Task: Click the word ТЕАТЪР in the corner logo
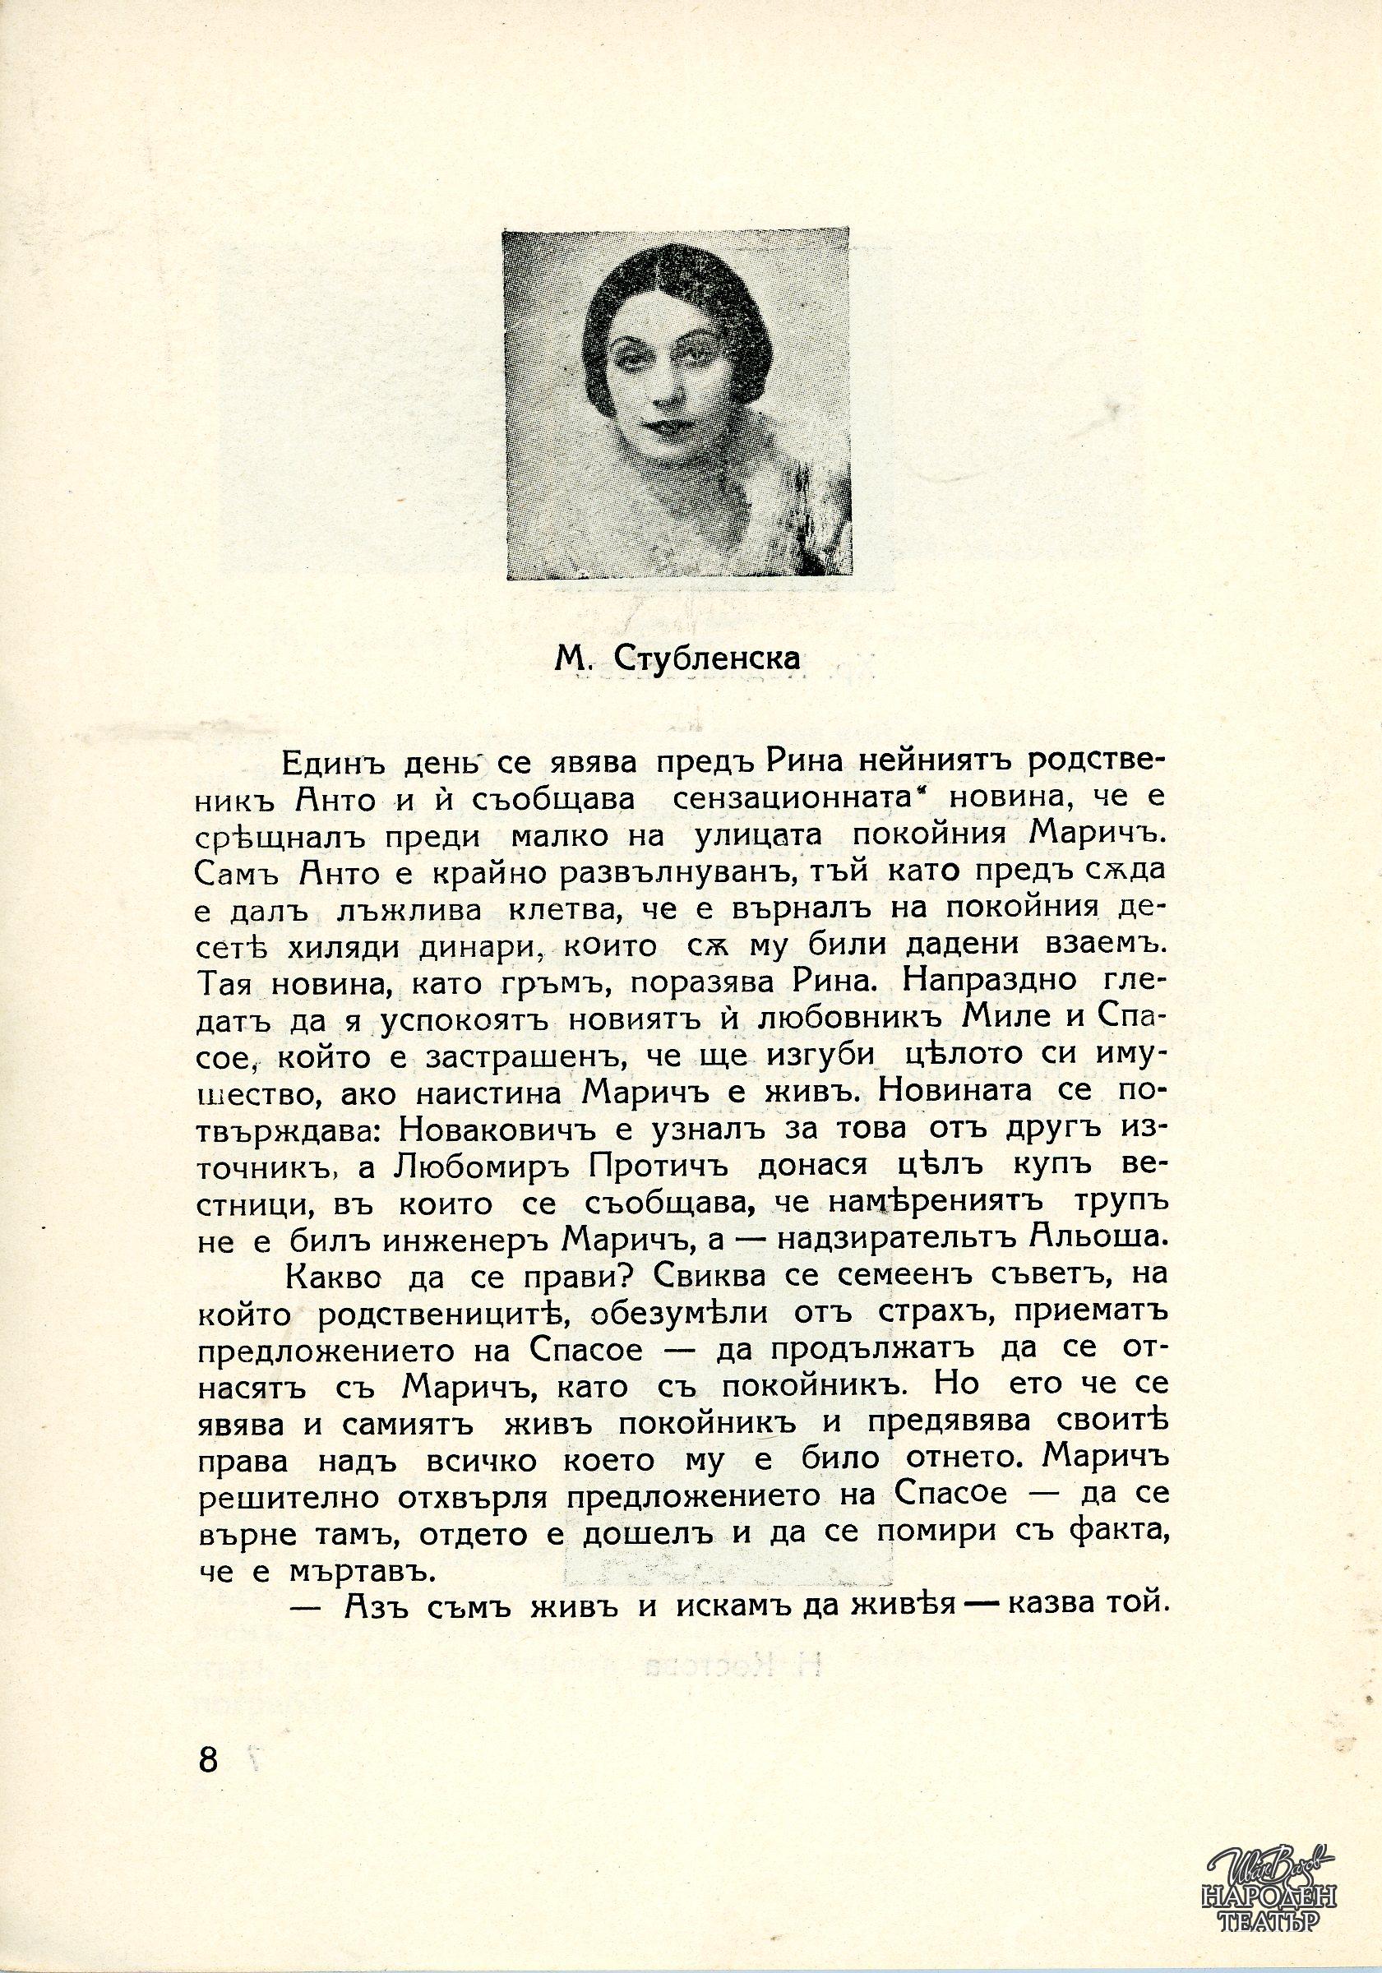point(1273,1943)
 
